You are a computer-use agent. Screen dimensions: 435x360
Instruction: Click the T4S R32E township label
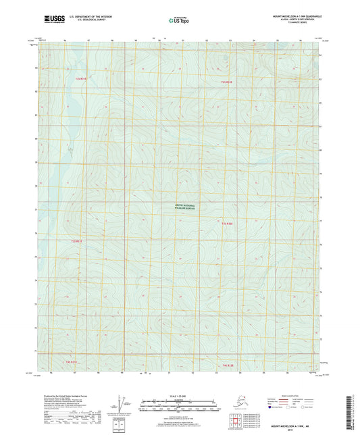click(x=228, y=365)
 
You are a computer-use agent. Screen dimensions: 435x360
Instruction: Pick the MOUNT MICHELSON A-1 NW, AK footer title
click(x=301, y=426)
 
